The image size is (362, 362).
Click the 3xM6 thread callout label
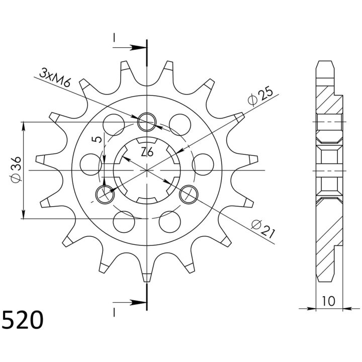[x=55, y=77]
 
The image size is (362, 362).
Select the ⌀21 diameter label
[x=263, y=229]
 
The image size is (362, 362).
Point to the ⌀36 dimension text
[x=16, y=169]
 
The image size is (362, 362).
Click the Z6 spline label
[x=147, y=152]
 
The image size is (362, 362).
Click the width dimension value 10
[x=328, y=301]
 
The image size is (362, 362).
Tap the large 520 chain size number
[x=23, y=320]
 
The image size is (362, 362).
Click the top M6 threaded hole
[x=147, y=122]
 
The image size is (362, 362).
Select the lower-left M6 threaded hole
[x=105, y=195]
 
